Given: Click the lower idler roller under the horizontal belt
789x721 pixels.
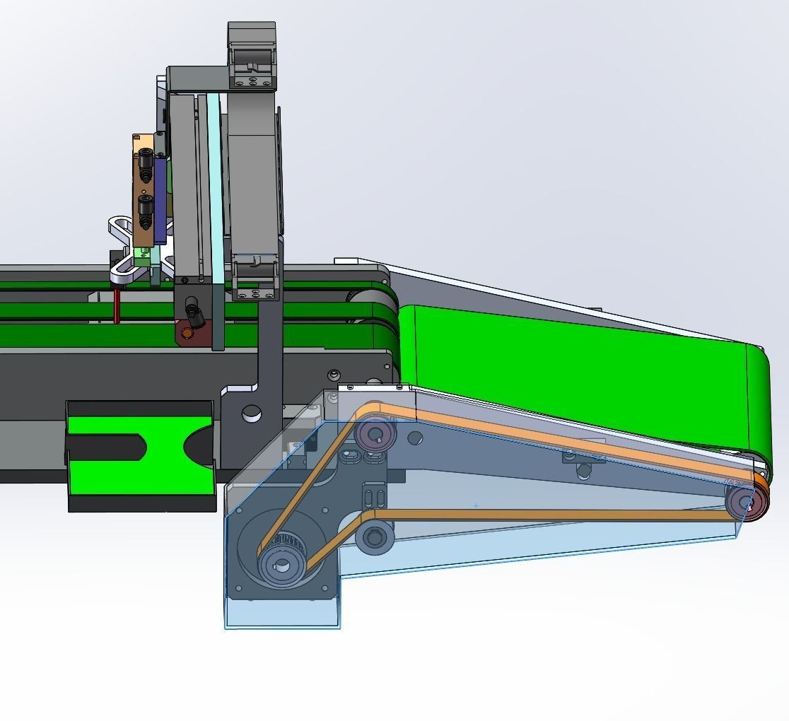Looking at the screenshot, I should tap(374, 537).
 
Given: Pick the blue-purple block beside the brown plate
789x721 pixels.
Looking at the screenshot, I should tap(161, 198).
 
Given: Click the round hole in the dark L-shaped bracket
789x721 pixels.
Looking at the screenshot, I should tap(251, 414).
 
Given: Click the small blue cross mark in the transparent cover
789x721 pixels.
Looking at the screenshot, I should tap(476, 505).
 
